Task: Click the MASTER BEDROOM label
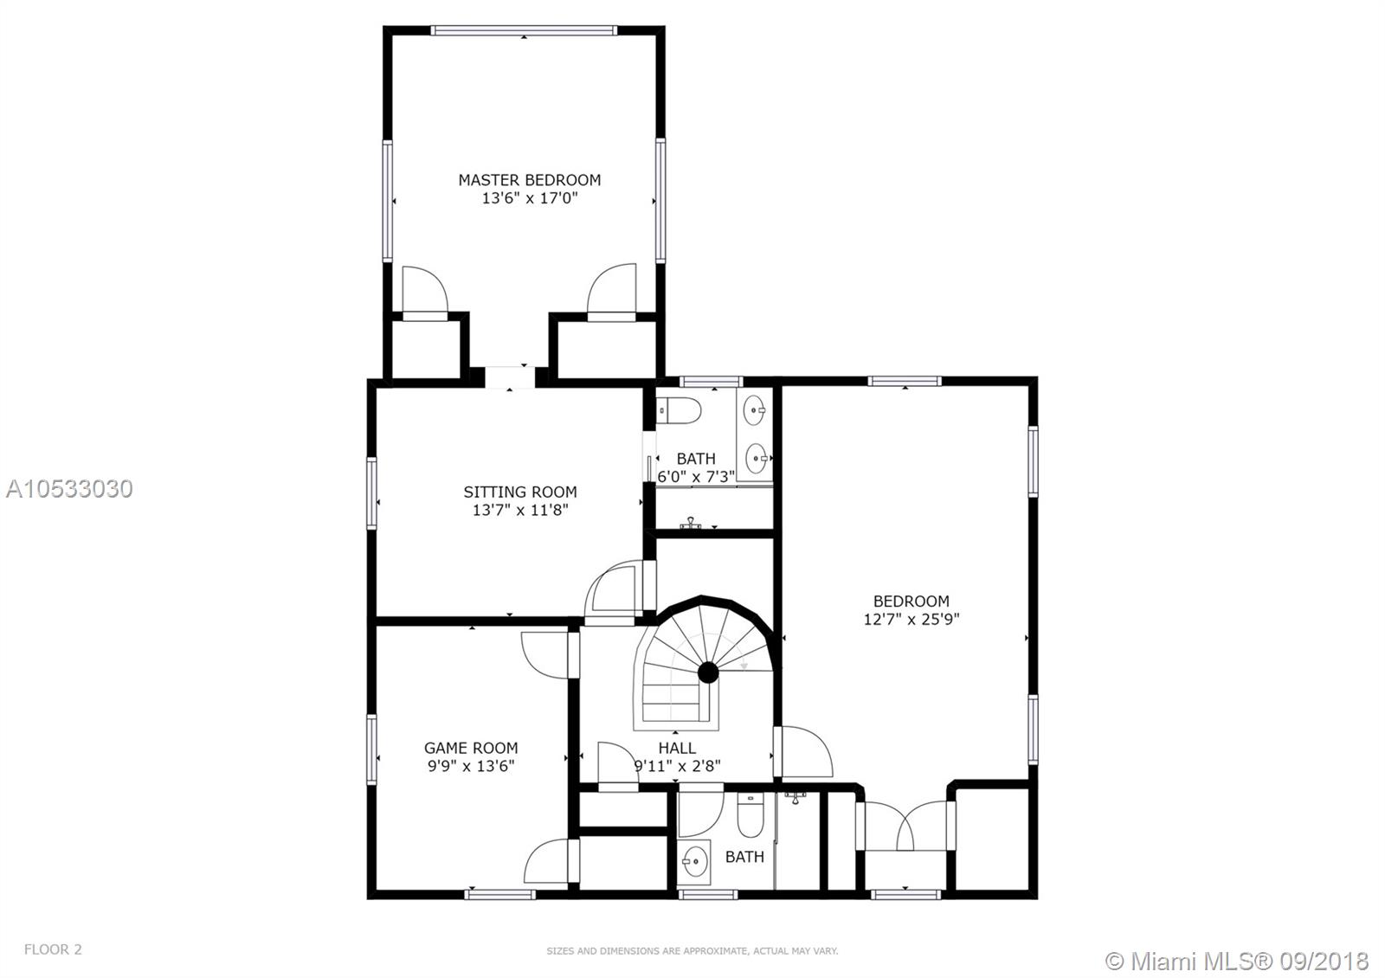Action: (529, 180)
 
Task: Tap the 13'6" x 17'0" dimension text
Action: (529, 198)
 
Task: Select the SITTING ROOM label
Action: (520, 492)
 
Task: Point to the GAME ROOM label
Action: (471, 748)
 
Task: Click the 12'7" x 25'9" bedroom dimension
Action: (911, 619)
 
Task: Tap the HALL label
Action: (677, 748)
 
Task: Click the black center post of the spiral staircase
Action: (708, 672)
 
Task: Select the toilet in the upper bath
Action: (679, 410)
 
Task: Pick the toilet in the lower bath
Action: (750, 815)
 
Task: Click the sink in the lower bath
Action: (695, 860)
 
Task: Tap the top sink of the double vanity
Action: (754, 410)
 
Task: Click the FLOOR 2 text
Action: (53, 949)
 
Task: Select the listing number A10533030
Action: (69, 489)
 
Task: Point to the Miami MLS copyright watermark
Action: (1237, 961)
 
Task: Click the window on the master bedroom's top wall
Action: (524, 30)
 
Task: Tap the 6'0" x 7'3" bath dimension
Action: (696, 477)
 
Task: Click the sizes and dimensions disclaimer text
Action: (692, 951)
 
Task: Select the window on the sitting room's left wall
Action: (371, 493)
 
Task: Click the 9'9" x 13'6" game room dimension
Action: (471, 766)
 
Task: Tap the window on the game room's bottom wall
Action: (500, 895)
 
